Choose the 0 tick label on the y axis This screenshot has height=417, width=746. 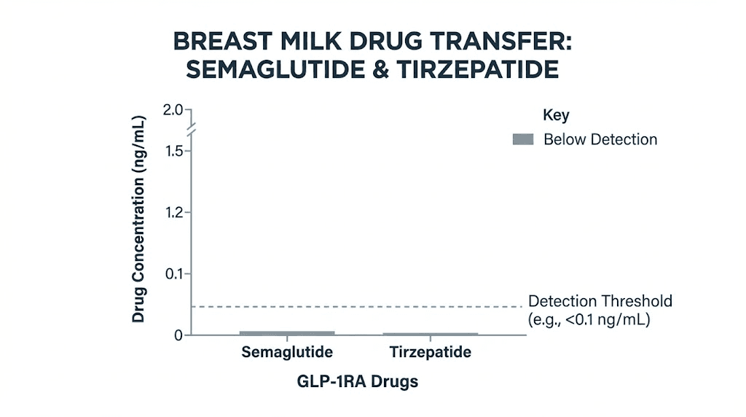pyautogui.click(x=178, y=335)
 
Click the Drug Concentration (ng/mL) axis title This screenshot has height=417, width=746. pyautogui.click(x=140, y=217)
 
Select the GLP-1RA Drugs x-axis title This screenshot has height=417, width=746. pyautogui.click(x=358, y=381)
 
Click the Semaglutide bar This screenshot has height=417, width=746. pyautogui.click(x=287, y=333)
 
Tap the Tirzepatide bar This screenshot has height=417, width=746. pyautogui.click(x=430, y=334)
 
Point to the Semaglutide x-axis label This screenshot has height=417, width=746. pyautogui.click(x=287, y=353)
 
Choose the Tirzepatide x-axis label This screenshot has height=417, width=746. pyautogui.click(x=430, y=353)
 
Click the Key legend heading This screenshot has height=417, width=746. pyautogui.click(x=556, y=115)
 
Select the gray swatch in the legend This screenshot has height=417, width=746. pyautogui.click(x=523, y=139)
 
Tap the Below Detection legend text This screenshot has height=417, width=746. pyautogui.click(x=600, y=139)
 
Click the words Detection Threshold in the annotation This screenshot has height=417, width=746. pyautogui.click(x=600, y=301)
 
